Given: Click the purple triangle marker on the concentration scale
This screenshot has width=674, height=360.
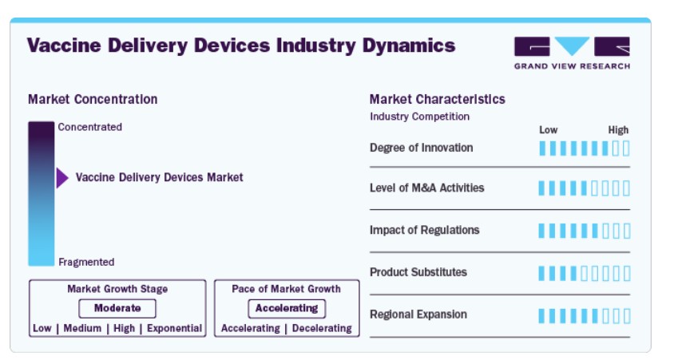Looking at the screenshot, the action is tap(62, 178).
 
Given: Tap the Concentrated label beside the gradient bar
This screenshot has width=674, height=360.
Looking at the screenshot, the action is tap(89, 127).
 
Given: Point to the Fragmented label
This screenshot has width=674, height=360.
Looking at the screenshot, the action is tap(86, 262).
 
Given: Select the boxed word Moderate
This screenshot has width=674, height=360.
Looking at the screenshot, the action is tap(117, 308).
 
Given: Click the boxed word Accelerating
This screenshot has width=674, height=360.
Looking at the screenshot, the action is tap(287, 308).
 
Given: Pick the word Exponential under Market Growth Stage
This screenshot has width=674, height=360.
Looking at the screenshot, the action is tap(175, 328).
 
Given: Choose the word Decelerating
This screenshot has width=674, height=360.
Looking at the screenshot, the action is tap(322, 328).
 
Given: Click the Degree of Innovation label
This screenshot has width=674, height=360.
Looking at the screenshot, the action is tap(422, 148).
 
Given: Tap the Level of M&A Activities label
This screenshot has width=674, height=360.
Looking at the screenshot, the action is tap(426, 188).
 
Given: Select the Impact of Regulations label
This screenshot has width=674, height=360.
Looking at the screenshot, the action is tap(424, 230).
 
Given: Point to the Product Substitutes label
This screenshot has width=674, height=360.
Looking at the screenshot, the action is tap(418, 272).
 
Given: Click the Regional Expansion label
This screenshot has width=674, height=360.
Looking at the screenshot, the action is tap(418, 315).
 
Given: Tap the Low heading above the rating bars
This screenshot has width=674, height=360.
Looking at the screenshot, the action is tap(549, 130).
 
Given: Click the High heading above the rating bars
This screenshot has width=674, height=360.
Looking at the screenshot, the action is tap(618, 130).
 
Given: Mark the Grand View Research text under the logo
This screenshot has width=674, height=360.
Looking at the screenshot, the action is tap(572, 66).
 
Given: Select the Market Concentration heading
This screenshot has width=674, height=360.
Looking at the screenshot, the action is tap(93, 99).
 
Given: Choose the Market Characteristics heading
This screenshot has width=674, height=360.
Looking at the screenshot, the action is tap(437, 99).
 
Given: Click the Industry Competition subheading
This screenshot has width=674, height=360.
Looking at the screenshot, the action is tap(419, 117).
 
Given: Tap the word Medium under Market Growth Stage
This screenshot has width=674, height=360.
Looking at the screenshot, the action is tap(82, 328).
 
